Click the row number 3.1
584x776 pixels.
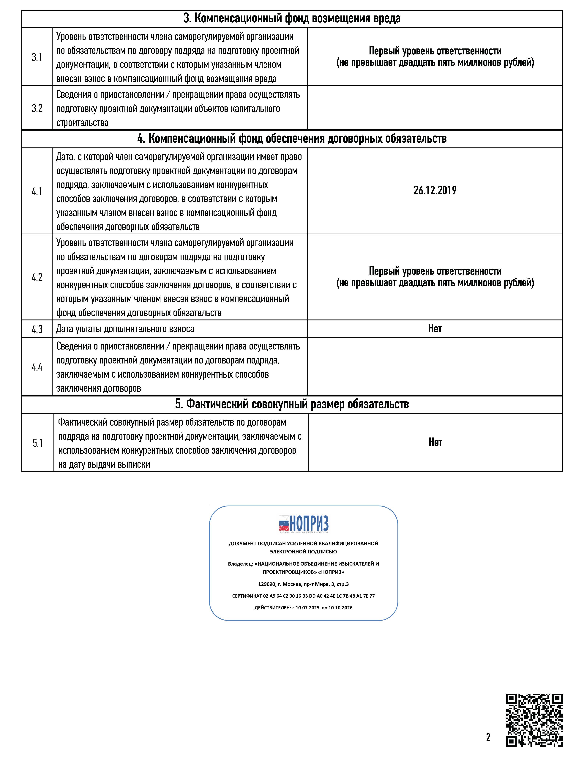tap(37, 57)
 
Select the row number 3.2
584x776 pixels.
tap(37, 108)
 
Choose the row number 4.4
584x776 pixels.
tap(37, 367)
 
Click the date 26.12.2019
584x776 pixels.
tap(435, 191)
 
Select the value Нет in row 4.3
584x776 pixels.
tap(435, 328)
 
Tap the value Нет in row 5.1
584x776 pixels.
tap(435, 442)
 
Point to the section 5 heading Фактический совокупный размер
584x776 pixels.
tap(292, 404)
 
